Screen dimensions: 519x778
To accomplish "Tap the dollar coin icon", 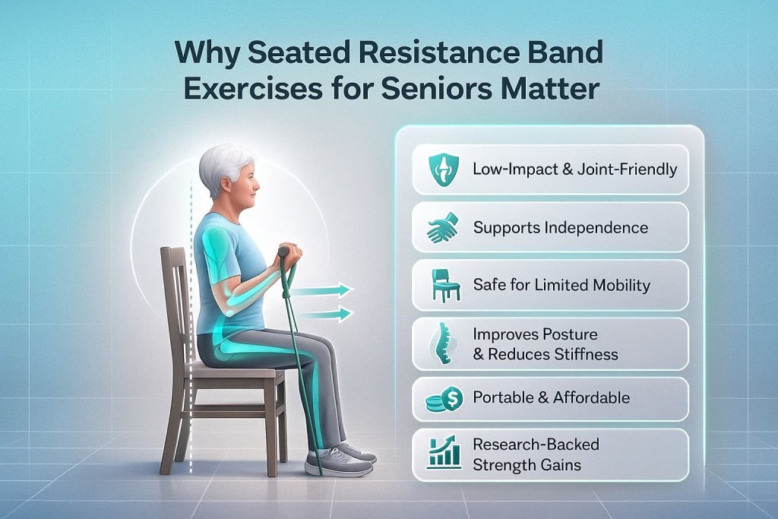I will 444,398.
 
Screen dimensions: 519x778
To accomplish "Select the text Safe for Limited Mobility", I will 561,286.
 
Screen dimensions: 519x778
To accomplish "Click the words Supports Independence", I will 560,227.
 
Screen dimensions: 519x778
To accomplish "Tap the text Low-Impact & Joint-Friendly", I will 574,169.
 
